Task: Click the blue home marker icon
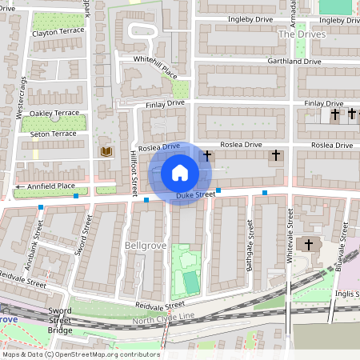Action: [x=180, y=173]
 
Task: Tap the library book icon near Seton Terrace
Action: [x=105, y=150]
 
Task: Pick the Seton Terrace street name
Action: [x=54, y=134]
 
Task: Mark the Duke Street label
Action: [x=196, y=194]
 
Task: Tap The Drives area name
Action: [x=298, y=35]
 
